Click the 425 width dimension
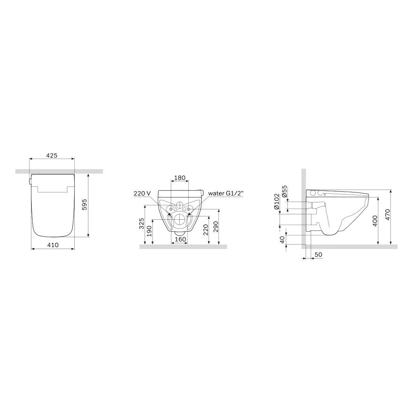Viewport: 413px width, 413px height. [x=52, y=156]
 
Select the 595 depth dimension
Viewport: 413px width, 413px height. [x=84, y=205]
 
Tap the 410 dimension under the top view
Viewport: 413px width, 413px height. [x=52, y=244]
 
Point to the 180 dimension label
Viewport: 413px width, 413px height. [x=179, y=178]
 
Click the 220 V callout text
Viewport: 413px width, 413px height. [x=142, y=193]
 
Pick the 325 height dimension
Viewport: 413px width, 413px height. [x=142, y=224]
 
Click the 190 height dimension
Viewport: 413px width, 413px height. [x=150, y=232]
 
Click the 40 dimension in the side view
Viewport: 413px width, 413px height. [x=282, y=240]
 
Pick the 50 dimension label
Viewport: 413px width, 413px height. [x=318, y=255]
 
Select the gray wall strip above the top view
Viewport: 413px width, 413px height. [x=59, y=171]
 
